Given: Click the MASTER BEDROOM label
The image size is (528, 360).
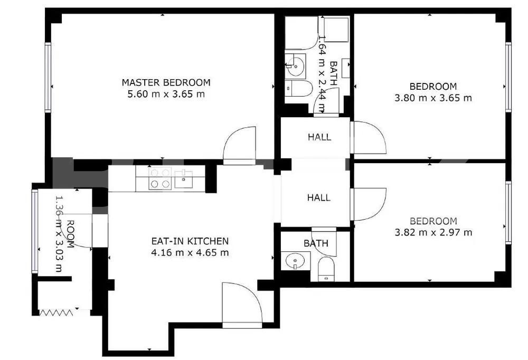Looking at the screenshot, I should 166,82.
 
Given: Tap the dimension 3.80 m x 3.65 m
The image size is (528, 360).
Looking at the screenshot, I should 433,98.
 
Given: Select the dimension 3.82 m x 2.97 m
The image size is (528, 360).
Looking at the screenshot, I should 433,232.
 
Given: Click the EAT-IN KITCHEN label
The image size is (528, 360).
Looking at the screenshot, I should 190,241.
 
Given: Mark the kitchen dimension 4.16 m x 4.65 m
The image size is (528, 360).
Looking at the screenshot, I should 190,252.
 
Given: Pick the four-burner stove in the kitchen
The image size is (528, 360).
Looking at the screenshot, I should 160,178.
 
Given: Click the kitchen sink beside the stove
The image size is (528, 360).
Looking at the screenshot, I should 183,178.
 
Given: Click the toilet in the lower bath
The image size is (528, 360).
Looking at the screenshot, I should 326,269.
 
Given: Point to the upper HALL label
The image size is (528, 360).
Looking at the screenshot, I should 319,137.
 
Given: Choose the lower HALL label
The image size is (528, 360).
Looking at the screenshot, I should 319,198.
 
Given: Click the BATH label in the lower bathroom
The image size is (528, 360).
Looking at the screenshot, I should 316,243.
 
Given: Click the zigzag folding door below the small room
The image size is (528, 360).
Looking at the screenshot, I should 56,312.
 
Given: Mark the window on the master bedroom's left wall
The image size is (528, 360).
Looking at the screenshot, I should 48,78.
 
